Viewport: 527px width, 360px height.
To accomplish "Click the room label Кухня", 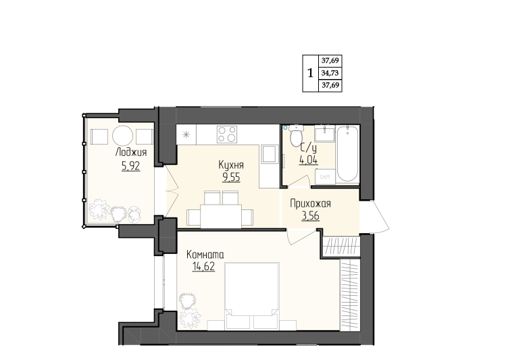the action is coord(231,165).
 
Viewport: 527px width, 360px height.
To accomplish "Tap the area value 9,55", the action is coord(231,177).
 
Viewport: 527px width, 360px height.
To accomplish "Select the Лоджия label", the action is coord(131,152).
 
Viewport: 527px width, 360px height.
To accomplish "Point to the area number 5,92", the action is coord(131,166).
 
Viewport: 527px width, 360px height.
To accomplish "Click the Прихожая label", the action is coord(310,203).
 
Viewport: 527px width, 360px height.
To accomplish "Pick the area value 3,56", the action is coord(311,216).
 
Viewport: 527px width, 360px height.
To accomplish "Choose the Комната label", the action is coord(205,255).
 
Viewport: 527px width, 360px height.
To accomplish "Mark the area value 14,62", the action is coord(203,267).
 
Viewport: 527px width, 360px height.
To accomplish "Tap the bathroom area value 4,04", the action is coord(309,160).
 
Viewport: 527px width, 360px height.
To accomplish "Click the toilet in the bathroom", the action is coord(296,136).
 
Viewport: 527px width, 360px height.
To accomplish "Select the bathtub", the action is coord(347,154).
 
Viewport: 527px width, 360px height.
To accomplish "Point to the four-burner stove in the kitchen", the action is coord(227,134).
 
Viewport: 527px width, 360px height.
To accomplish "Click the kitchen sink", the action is coord(269,154).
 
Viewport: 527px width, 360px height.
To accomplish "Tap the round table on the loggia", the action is coord(122,136).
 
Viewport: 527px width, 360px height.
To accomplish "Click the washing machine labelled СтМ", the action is coord(325,176).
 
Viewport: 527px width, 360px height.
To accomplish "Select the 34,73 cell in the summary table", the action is coord(330,73).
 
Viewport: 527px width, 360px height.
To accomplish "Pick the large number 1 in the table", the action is coord(310,72).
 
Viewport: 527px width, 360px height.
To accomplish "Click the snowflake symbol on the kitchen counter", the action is coord(186,135).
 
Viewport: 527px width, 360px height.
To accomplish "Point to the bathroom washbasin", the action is coord(325,134).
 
